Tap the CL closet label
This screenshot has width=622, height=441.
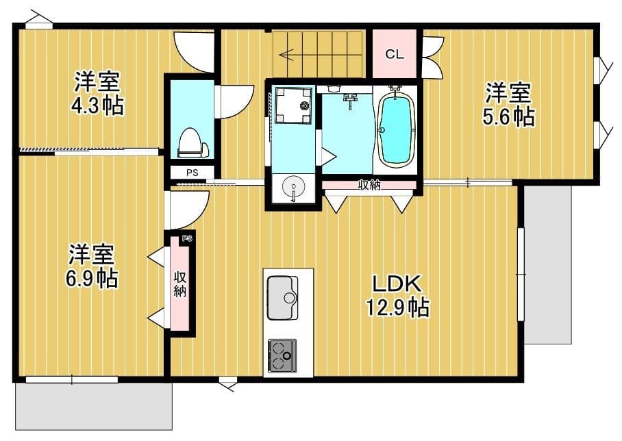(x=394, y=55)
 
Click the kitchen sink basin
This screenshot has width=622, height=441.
(x=282, y=297)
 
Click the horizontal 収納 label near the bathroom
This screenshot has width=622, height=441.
(x=369, y=184)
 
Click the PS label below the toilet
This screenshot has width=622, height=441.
(x=192, y=173)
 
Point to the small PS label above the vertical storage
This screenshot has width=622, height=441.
(x=186, y=239)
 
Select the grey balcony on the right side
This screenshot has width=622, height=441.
(x=548, y=264)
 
